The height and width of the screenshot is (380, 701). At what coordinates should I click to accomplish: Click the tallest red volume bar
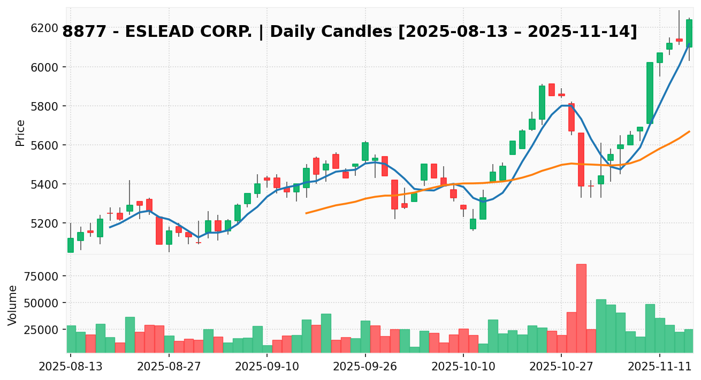[x=581, y=308]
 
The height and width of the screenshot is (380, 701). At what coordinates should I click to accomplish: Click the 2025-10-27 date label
[x=561, y=368]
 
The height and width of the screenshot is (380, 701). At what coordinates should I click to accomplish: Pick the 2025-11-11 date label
[x=660, y=368]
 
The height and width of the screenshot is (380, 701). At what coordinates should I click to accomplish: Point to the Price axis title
[x=20, y=133]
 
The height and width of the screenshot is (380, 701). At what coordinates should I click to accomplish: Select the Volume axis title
[x=13, y=305]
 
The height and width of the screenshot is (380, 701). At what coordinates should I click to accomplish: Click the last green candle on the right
[x=689, y=33]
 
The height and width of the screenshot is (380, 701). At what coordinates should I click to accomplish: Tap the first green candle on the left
[x=71, y=245]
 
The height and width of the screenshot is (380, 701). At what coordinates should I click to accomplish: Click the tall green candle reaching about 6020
[x=650, y=93]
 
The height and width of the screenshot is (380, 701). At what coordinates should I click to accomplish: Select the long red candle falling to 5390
[x=581, y=159]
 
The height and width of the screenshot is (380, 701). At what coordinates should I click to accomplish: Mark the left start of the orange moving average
[x=306, y=213]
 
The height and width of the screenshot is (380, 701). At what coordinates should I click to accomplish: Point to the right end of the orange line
[x=689, y=131]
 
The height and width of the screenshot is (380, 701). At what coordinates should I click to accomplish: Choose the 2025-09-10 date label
[x=267, y=368]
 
